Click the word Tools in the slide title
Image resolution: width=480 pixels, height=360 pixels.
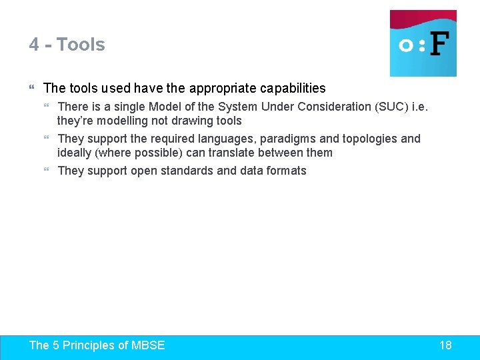81,45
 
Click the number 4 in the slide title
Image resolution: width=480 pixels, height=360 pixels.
34,45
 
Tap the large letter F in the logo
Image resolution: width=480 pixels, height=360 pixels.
439,45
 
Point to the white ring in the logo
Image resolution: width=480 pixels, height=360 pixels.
405,45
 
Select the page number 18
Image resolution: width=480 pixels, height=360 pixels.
445,345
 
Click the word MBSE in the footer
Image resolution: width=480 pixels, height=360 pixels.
148,345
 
